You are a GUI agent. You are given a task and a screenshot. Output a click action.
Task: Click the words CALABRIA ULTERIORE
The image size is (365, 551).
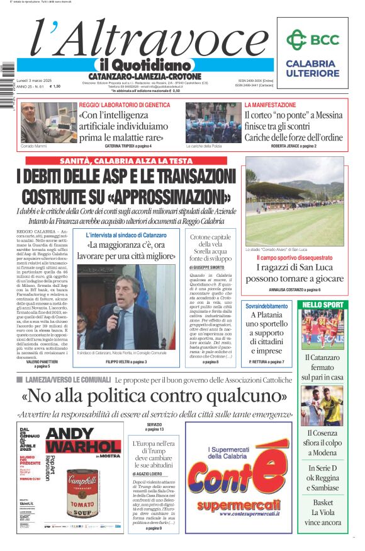[x=312, y=69]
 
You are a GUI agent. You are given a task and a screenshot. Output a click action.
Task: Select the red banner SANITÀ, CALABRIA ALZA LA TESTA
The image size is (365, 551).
[x=126, y=161]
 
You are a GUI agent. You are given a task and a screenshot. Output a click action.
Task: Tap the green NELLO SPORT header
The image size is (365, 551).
[x=323, y=305]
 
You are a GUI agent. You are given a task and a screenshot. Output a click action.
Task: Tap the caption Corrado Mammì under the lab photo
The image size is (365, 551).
[x=34, y=146]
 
